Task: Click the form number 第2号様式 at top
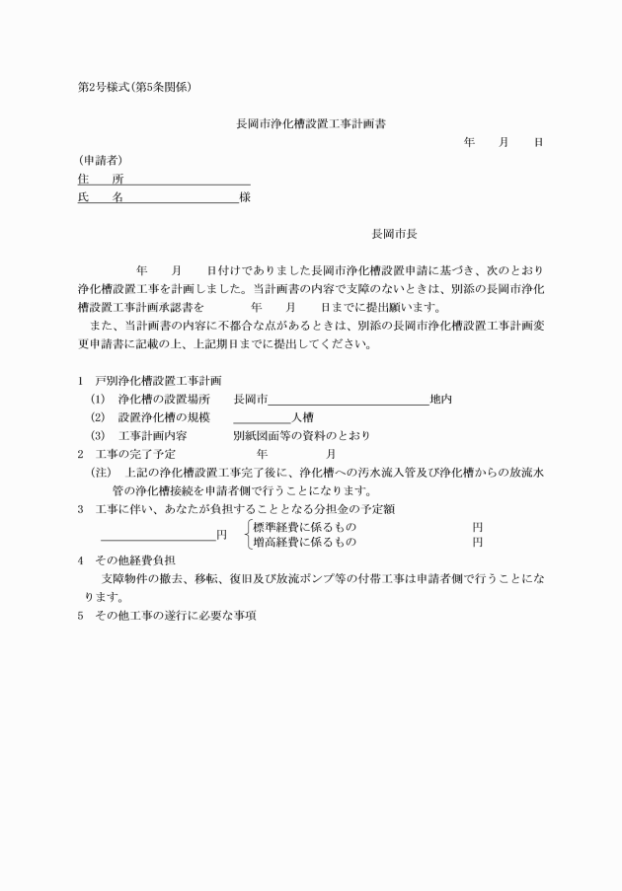click(x=106, y=87)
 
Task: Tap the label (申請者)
click(x=100, y=160)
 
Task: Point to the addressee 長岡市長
click(x=394, y=235)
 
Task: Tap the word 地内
click(x=440, y=400)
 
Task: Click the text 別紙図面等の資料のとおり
click(x=301, y=435)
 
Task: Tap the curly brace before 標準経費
click(x=246, y=534)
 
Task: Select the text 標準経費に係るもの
click(x=305, y=527)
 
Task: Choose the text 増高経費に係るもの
click(x=305, y=542)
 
